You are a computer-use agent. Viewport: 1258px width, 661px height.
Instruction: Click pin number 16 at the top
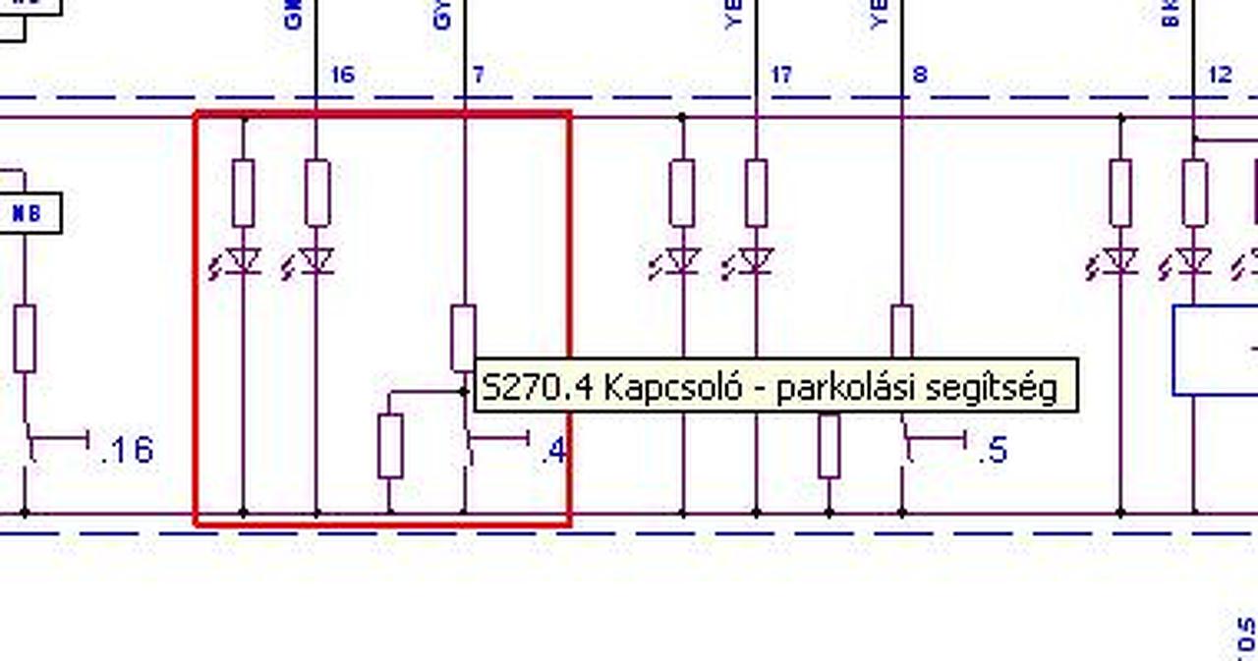[x=342, y=75]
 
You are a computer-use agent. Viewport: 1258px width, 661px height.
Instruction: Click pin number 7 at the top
[x=479, y=75]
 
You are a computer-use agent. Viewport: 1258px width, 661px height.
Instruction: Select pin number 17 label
[x=781, y=75]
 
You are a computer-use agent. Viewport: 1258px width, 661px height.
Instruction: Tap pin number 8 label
[x=920, y=75]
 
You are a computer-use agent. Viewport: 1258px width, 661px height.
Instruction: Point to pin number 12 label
[x=1219, y=75]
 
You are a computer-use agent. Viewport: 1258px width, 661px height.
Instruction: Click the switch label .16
[x=128, y=450]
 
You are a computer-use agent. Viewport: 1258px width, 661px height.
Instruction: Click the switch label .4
[x=553, y=450]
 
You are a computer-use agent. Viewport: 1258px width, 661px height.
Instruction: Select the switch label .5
[x=993, y=450]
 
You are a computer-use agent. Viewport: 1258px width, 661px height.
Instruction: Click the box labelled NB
[x=28, y=213]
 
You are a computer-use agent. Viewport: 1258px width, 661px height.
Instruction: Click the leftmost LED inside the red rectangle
[x=243, y=261]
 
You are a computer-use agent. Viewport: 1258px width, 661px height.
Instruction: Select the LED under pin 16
[x=316, y=261]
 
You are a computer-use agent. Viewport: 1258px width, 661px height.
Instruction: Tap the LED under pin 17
[x=756, y=261]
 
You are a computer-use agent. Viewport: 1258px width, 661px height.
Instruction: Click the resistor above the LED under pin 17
[x=756, y=193]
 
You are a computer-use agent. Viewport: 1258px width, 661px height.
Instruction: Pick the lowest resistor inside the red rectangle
[x=390, y=446]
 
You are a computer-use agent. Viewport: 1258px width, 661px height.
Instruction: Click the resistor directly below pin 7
[x=464, y=337]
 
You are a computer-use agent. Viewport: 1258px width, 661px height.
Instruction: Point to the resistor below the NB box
[x=25, y=338]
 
